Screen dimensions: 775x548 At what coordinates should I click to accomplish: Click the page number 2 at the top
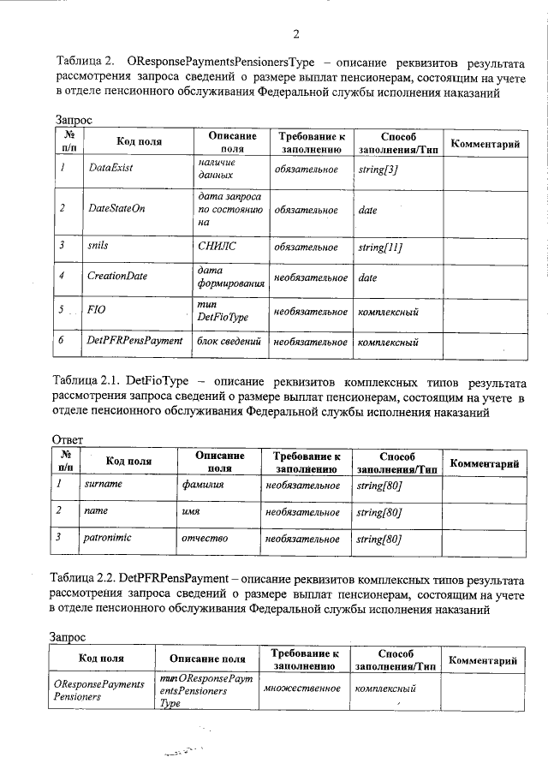pos(296,34)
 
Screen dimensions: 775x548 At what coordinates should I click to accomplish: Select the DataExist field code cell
pos(110,169)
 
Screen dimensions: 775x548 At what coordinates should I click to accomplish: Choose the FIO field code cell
pos(96,311)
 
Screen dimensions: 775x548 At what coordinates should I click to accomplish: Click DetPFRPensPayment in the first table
pos(135,341)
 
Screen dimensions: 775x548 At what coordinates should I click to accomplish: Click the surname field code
pos(103,484)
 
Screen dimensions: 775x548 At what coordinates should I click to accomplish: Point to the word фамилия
pos(202,485)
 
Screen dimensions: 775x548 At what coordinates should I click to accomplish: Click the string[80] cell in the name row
pos(378,512)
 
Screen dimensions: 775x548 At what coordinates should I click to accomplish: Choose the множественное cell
pos(301,689)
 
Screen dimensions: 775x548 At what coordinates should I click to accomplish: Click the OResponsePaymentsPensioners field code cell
pos(98,689)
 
